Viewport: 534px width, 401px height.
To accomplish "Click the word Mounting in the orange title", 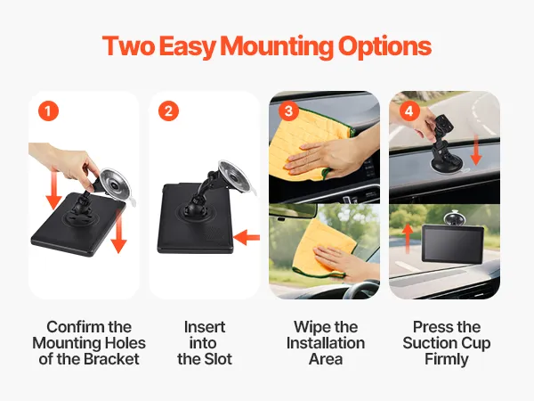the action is [277, 47].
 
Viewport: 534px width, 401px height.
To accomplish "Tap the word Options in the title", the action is [384, 47].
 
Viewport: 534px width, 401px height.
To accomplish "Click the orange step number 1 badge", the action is [48, 110].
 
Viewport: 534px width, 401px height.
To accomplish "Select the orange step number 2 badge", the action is [168, 110].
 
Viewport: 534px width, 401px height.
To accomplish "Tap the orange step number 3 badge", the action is [288, 110].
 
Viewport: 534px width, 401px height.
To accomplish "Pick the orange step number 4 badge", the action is [409, 110].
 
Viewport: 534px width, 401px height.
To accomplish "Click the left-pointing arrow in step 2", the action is [247, 237].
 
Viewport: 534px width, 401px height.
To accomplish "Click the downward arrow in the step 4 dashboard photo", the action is [476, 150].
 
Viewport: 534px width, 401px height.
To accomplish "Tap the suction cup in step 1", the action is [116, 184].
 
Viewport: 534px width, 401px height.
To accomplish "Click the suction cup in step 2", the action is [235, 177].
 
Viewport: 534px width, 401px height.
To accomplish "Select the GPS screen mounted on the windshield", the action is [453, 244].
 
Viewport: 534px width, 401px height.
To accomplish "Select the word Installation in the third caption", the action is [326, 343].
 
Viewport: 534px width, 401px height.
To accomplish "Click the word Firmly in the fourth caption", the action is [447, 360].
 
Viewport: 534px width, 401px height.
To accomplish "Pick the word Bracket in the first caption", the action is [112, 359].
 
